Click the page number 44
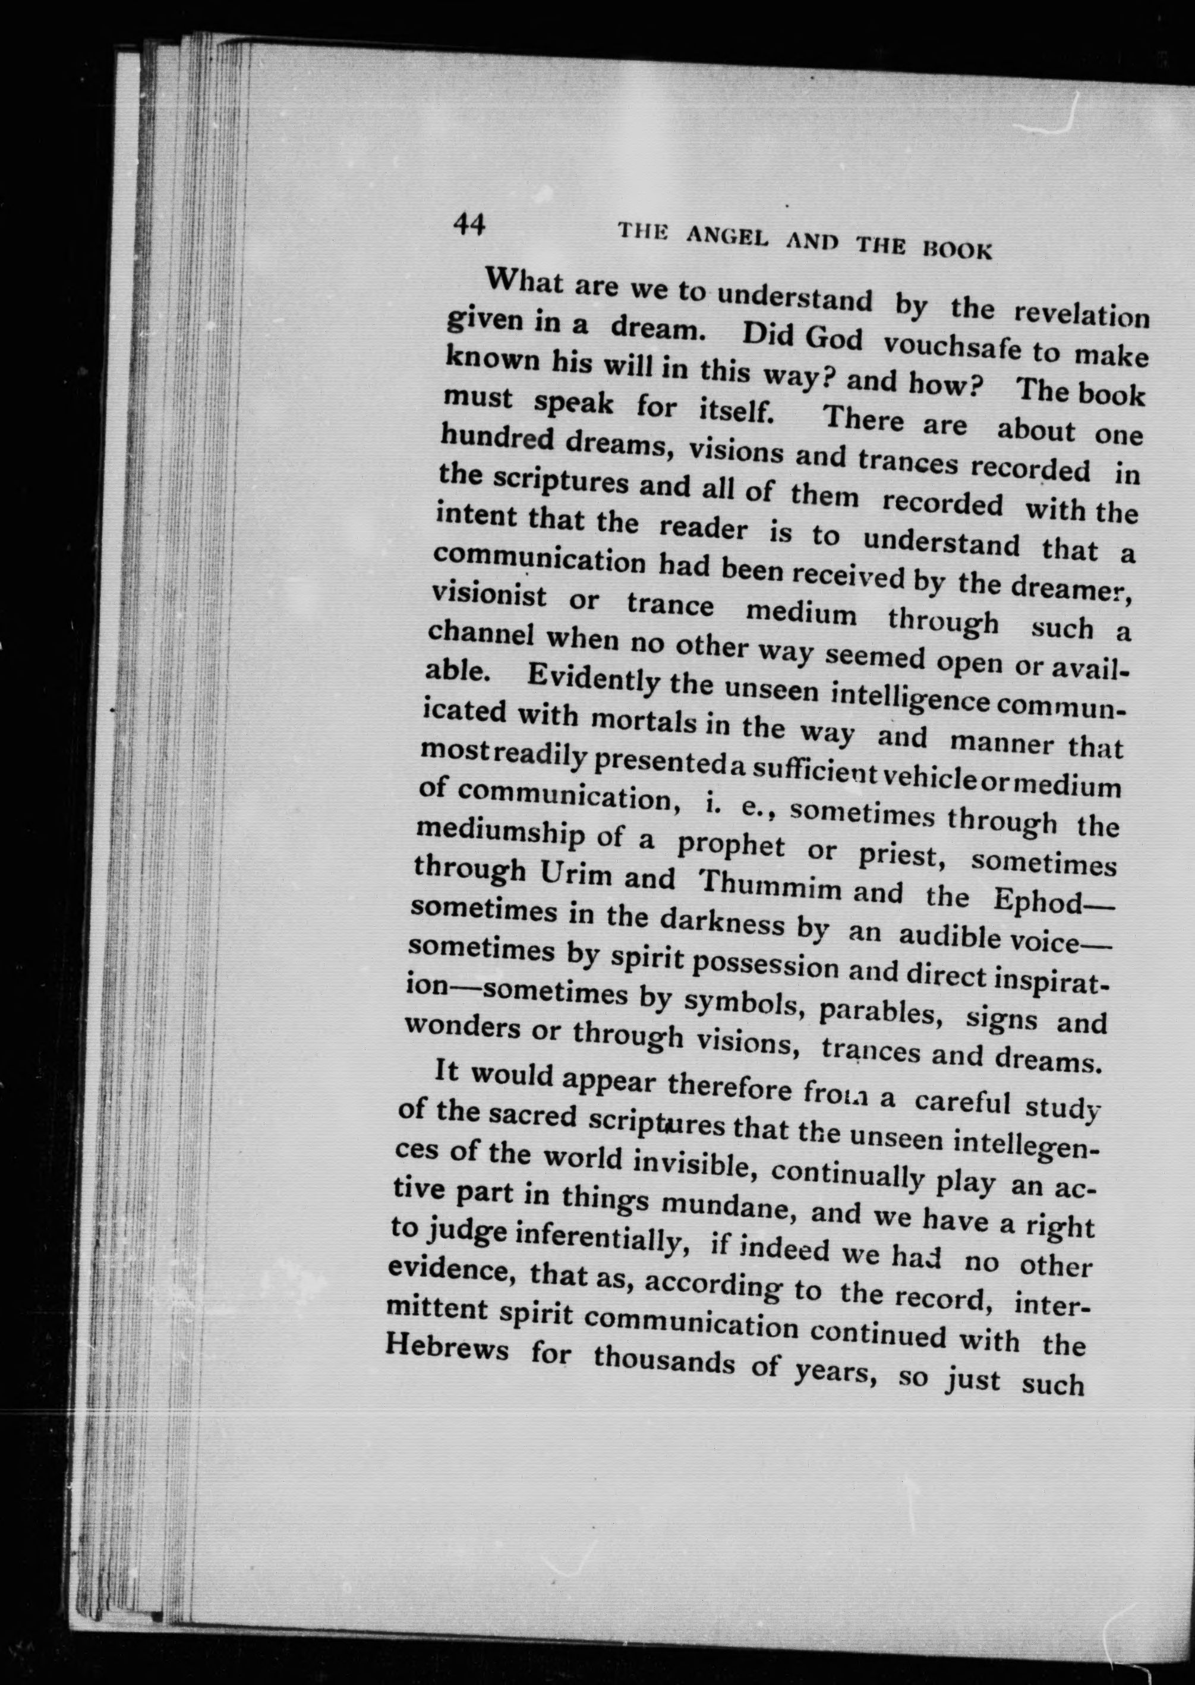469,223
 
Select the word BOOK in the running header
957,250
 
